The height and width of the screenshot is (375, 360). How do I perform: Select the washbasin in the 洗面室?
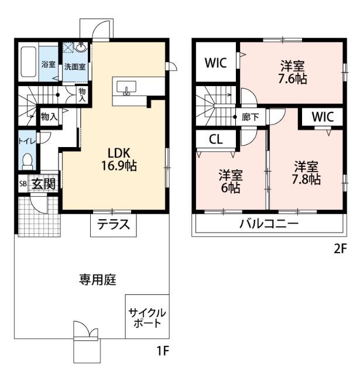click(81, 48)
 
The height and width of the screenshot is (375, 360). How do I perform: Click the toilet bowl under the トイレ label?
click(26, 159)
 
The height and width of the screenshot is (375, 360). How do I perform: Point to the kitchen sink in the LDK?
click(127, 88)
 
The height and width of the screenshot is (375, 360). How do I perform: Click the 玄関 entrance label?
click(43, 183)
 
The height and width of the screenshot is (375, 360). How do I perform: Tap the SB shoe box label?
click(22, 183)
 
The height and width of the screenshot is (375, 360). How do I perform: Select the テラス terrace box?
click(113, 224)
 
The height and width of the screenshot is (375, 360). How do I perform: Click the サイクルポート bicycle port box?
click(147, 317)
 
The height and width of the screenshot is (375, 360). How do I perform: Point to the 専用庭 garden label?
click(98, 280)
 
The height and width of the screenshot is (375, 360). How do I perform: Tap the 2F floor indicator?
click(340, 248)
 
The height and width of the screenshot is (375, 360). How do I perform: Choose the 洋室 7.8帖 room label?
click(307, 172)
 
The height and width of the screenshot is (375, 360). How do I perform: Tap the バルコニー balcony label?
click(269, 224)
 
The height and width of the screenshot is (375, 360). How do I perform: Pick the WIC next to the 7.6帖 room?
click(215, 63)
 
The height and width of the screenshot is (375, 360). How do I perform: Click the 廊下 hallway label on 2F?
click(251, 117)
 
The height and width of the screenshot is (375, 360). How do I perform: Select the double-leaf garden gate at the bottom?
click(85, 333)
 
